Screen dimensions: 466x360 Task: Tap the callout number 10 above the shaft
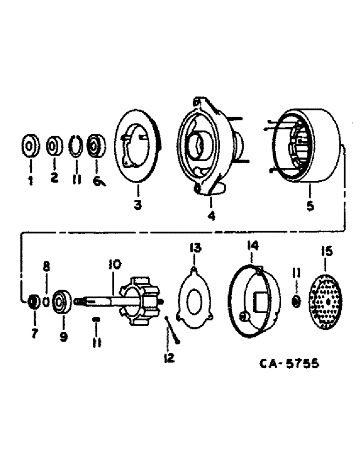click(x=114, y=265)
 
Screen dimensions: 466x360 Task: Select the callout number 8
click(x=46, y=267)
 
